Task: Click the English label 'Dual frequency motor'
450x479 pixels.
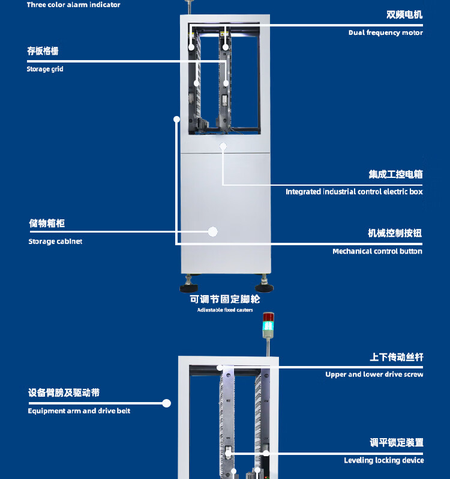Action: [385, 32]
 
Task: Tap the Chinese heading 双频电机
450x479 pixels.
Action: [404, 14]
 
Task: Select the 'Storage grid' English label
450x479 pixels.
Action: [45, 69]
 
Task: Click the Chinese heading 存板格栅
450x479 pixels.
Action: [43, 51]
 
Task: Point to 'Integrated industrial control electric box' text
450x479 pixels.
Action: [354, 192]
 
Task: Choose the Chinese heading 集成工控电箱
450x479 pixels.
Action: [395, 174]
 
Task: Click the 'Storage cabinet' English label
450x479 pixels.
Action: [55, 242]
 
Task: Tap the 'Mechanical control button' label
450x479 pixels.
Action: [377, 251]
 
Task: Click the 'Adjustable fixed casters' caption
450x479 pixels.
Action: [225, 310]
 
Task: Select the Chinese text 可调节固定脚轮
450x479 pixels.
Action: [225, 299]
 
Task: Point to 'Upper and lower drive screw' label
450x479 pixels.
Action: [374, 374]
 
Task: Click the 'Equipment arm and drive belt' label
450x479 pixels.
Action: [79, 411]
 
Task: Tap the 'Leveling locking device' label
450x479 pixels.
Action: [383, 460]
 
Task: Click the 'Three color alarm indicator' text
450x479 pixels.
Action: [73, 5]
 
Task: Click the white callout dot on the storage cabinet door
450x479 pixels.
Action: [212, 231]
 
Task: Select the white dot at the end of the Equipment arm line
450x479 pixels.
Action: [167, 403]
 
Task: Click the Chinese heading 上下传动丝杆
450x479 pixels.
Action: [396, 358]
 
